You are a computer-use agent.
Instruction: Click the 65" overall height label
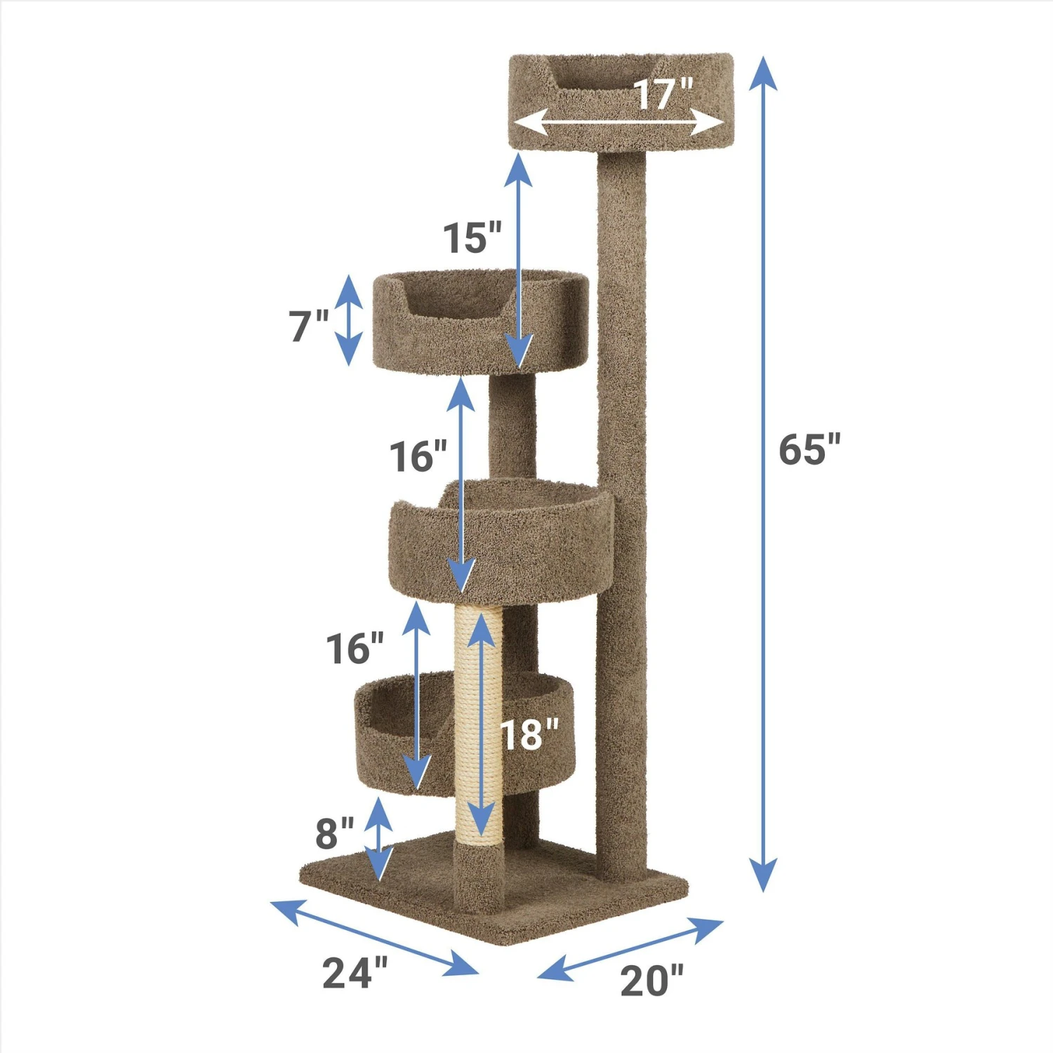coord(809,450)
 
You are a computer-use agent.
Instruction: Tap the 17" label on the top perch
coord(663,94)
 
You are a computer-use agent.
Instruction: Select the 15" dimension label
coord(472,238)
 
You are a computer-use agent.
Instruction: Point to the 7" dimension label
coord(308,326)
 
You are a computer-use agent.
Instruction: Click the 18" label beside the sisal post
coord(529,735)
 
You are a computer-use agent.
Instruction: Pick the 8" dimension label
coord(333,833)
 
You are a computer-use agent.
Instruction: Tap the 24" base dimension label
coord(355,973)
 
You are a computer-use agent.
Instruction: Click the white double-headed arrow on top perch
coord(618,124)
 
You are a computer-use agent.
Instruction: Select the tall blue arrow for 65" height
coord(763,474)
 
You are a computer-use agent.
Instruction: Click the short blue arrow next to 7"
coord(349,320)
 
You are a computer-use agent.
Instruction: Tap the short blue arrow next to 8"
coord(379,839)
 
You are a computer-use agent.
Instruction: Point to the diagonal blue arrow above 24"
coord(374,936)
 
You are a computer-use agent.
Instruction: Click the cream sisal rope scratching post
coord(479,723)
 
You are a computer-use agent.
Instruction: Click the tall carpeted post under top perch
coord(621,491)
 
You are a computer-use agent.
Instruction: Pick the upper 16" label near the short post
coord(418,456)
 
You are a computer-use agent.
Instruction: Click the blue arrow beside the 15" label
coord(519,260)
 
